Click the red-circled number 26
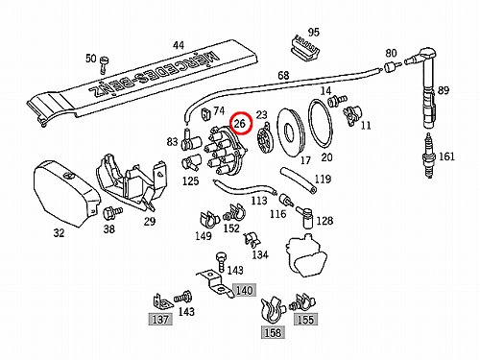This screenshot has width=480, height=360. (240, 124)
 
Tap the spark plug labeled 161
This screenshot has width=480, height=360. (429, 156)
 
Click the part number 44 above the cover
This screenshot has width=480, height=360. (179, 45)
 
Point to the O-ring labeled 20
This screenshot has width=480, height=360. (321, 123)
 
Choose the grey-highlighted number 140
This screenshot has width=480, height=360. (244, 290)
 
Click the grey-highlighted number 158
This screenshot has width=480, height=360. (273, 332)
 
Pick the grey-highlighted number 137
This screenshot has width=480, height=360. (160, 319)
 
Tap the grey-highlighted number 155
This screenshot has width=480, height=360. (305, 319)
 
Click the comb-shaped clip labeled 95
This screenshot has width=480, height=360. (304, 49)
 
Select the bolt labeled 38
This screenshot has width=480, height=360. (112, 212)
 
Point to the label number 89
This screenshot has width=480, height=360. (444, 90)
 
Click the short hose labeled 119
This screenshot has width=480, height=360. (299, 180)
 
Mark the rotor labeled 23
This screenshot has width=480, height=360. (264, 139)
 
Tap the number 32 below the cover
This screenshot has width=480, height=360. (59, 232)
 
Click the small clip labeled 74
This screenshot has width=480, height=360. (205, 115)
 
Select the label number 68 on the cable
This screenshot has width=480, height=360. (283, 76)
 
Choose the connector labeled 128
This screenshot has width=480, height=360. (305, 217)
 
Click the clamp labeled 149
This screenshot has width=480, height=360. (208, 219)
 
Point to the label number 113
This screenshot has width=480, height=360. (259, 201)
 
